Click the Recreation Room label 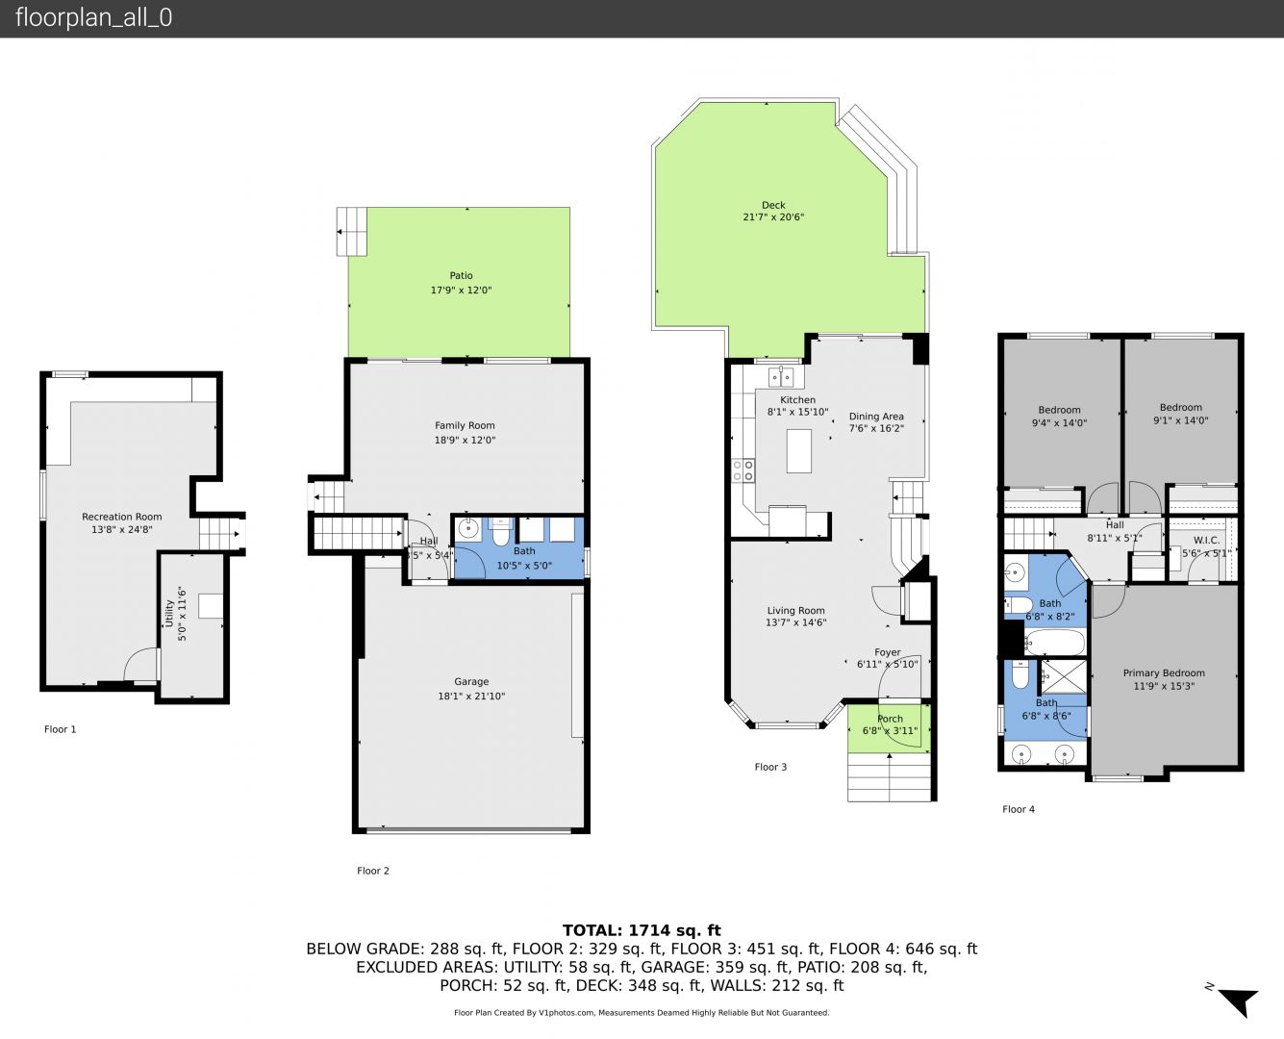[122, 517]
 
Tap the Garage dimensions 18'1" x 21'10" [471, 696]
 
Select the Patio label [461, 275]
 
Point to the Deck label [773, 205]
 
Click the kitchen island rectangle [798, 450]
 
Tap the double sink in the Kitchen [781, 377]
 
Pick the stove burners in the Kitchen [743, 470]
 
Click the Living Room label [795, 610]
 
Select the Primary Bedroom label [1164, 673]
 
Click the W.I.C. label [1206, 541]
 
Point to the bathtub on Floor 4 [1055, 643]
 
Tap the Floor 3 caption [770, 767]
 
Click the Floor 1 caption [61, 729]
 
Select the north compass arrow [1240, 1001]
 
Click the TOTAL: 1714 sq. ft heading [642, 930]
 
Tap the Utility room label [169, 613]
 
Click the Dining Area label [876, 417]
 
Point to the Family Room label [465, 425]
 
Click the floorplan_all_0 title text [94, 17]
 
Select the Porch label [891, 719]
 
